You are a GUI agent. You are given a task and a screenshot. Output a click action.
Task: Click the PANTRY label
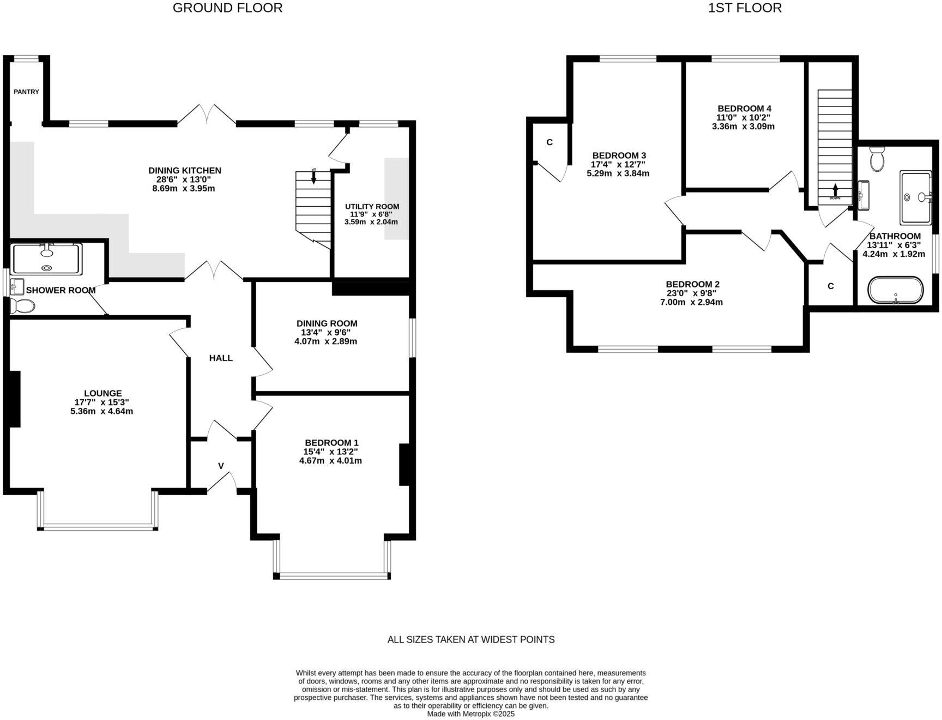pos(26,92)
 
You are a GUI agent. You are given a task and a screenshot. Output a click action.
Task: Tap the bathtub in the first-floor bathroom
pos(895,290)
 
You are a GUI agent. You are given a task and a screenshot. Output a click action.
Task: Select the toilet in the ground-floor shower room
pos(22,305)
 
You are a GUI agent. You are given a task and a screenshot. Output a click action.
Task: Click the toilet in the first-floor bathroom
pos(877,159)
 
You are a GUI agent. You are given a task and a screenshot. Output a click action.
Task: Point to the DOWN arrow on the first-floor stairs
pos(835,190)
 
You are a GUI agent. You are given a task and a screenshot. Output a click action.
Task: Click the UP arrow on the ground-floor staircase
pos(313,176)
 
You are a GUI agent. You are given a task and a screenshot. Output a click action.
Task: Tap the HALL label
pos(221,358)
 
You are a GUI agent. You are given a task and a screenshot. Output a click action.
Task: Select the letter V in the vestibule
pos(221,465)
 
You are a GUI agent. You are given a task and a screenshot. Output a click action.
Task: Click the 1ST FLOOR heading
pos(745,8)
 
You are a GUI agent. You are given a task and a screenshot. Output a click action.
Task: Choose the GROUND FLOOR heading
pos(227,8)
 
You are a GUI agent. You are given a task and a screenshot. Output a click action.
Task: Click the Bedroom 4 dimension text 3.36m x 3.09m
pos(743,126)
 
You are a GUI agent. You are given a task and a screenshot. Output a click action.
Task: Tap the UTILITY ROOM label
pos(372,206)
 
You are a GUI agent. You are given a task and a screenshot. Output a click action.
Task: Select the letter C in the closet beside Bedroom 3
pos(549,142)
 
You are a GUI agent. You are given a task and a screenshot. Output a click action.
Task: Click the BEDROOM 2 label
pos(692,284)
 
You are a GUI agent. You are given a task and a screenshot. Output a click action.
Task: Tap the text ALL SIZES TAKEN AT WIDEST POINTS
pos(470,639)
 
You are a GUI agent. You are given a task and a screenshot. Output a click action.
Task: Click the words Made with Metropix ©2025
pos(470,713)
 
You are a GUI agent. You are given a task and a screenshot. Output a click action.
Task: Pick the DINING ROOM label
pos(327,323)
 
